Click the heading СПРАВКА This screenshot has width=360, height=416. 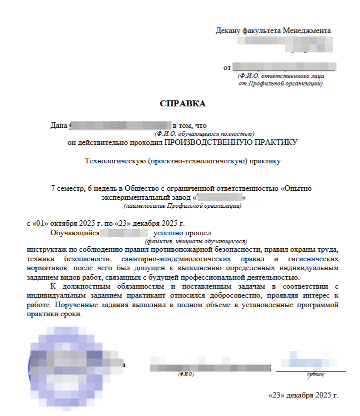(x=182, y=104)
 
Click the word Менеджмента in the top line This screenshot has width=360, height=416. (x=306, y=31)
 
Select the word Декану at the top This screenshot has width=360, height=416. (x=227, y=31)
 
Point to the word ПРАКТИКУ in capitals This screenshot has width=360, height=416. (x=277, y=142)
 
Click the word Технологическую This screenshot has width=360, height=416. (x=115, y=161)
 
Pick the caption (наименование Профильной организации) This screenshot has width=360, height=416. (x=182, y=206)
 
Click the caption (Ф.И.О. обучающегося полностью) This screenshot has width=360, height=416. (x=204, y=134)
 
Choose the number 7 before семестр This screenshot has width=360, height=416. (x=53, y=189)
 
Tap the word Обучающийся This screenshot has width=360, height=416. (x=74, y=233)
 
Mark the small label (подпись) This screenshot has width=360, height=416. (x=315, y=374)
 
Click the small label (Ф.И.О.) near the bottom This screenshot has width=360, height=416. (x=186, y=374)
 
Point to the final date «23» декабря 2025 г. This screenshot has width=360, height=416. (x=303, y=395)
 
